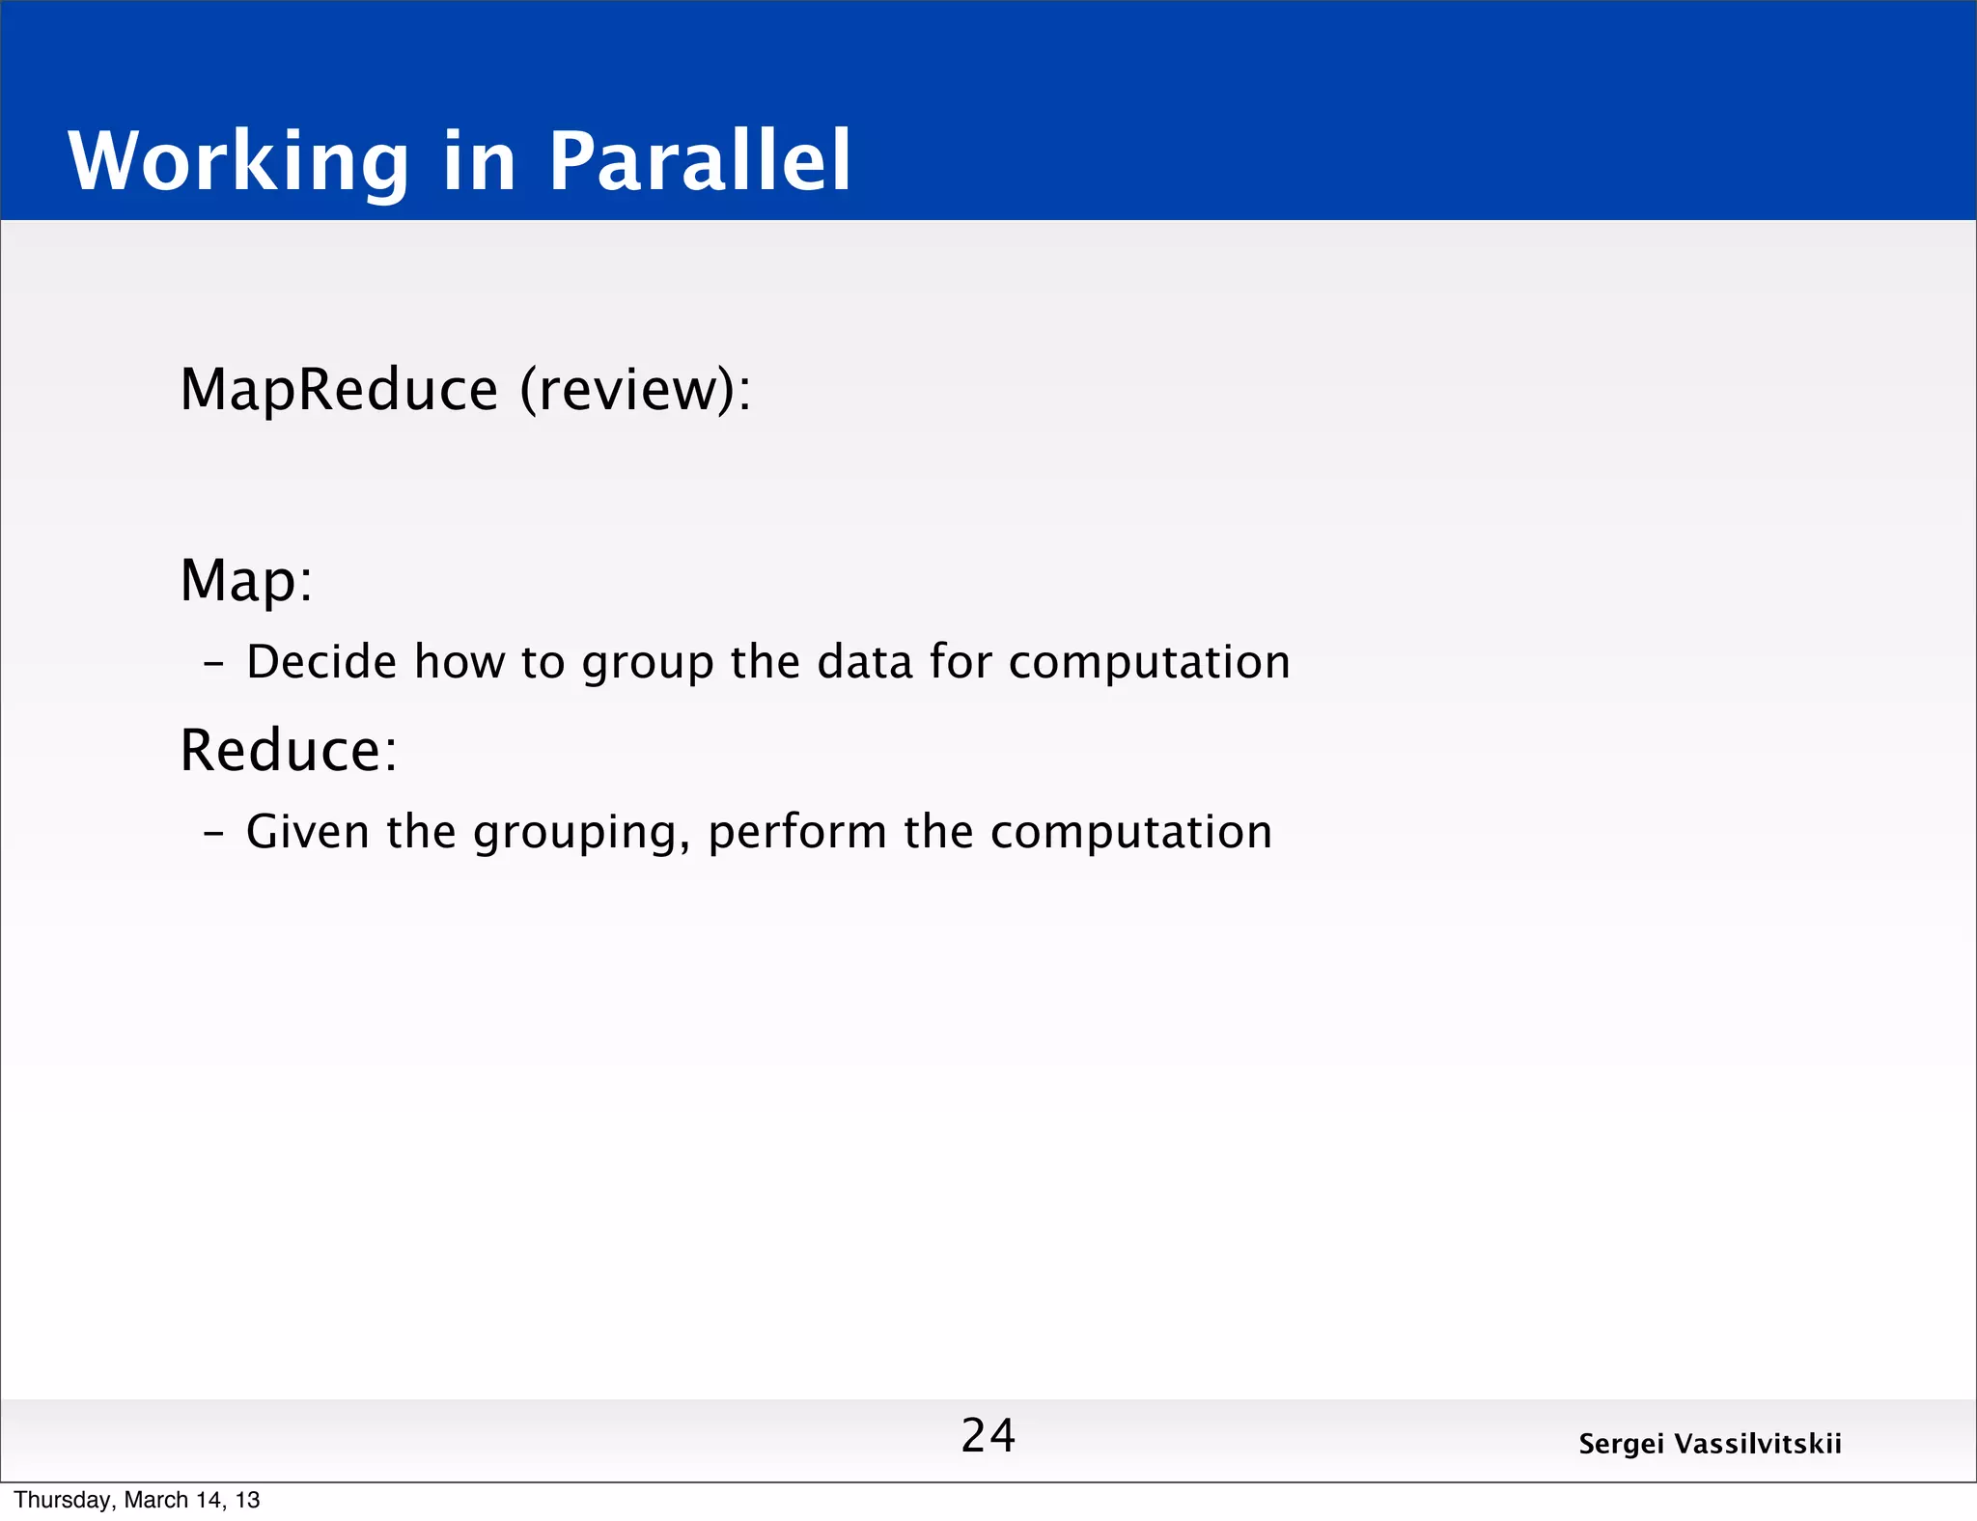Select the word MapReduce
click(x=339, y=390)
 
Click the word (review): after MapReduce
click(x=635, y=390)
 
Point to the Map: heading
click(x=247, y=581)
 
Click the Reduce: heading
click(x=289, y=751)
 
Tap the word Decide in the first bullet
click(x=321, y=662)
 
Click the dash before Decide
click(x=214, y=664)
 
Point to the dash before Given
click(x=214, y=833)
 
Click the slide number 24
click(x=988, y=1435)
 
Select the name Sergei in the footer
click(x=1621, y=1445)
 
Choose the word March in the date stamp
click(x=156, y=1500)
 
